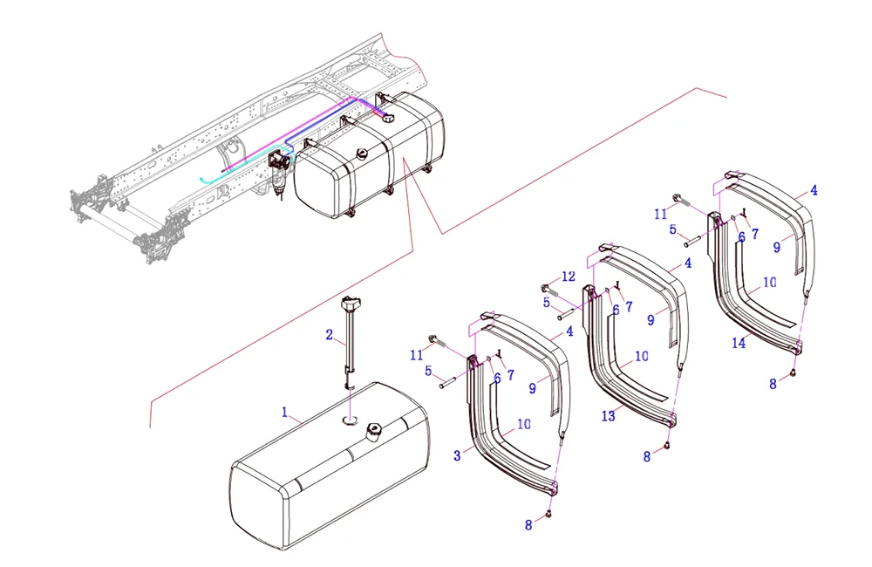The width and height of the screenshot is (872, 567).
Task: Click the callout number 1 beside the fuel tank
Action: [x=283, y=410]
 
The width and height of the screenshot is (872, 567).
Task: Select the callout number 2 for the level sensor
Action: [x=330, y=334]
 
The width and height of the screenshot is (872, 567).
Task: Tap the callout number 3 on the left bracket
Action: [x=457, y=455]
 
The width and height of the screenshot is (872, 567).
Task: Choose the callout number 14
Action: [x=739, y=344]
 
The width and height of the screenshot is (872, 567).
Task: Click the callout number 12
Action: [x=569, y=277]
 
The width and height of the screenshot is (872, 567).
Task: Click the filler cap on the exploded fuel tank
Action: [x=375, y=430]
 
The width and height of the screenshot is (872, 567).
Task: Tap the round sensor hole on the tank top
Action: [x=350, y=420]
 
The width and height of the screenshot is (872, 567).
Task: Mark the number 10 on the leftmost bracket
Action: [x=524, y=424]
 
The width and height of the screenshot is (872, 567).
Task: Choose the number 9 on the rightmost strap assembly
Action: [x=776, y=247]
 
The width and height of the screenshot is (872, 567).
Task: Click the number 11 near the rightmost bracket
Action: [x=661, y=212]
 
